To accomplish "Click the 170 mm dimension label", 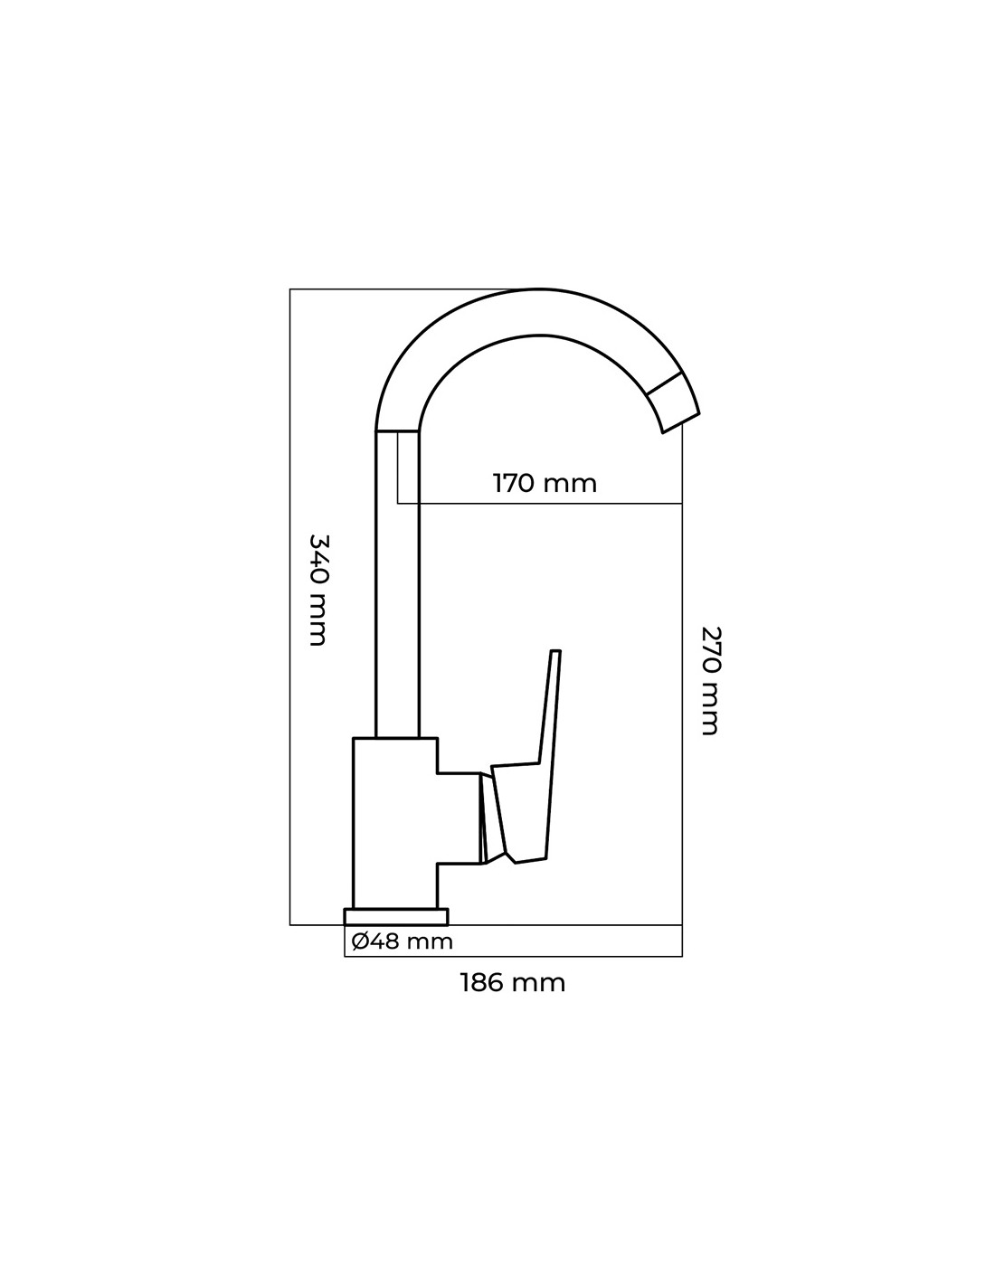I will point(545,483).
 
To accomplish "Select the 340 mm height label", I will point(317,590).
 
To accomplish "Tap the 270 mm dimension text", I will point(711,680).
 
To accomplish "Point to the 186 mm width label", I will point(512,982).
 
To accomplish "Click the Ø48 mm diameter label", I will point(402,941).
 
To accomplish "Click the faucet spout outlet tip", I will point(676,403).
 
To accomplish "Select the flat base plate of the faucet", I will point(396,916).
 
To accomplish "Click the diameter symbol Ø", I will point(359,941).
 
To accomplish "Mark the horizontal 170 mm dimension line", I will point(543,503).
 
